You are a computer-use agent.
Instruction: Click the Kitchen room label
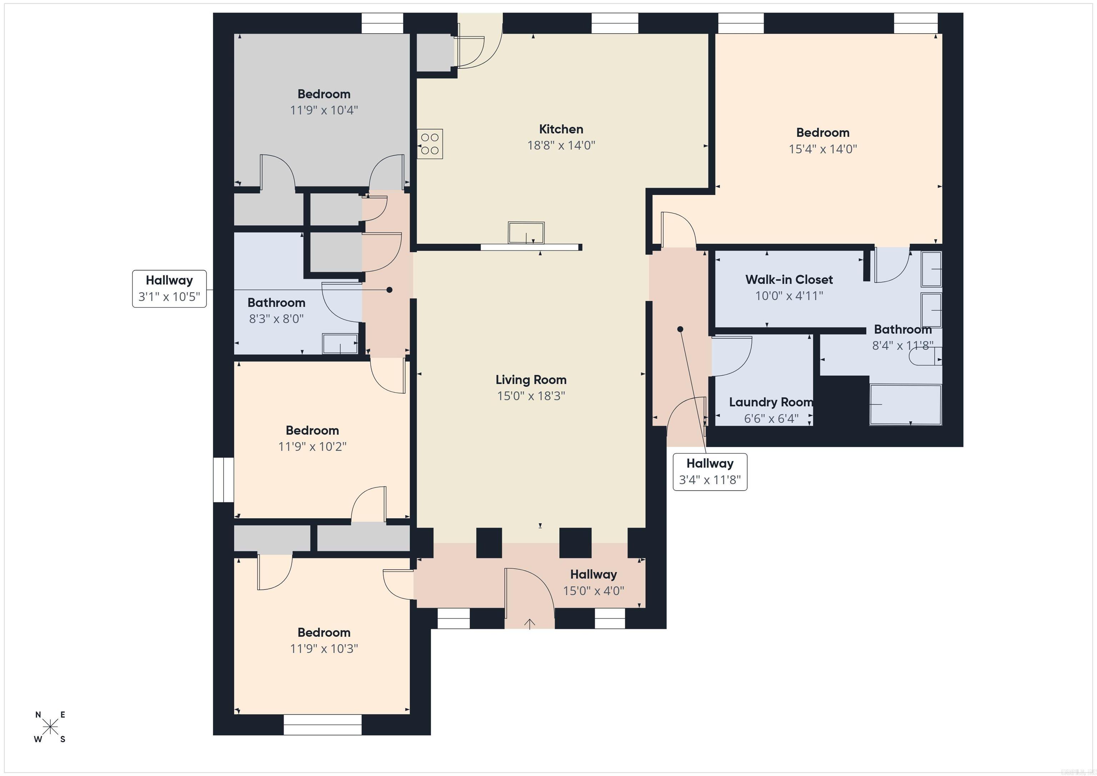[561, 129]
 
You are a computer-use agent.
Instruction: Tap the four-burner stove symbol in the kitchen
[430, 144]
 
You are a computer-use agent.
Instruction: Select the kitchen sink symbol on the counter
[526, 233]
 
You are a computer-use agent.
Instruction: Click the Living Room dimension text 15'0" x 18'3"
[531, 396]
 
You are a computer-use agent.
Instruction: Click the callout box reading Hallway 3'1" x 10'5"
[169, 289]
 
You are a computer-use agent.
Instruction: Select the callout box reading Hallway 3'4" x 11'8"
[710, 472]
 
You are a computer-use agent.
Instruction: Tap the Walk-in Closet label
[789, 280]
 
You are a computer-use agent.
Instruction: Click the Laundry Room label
[771, 402]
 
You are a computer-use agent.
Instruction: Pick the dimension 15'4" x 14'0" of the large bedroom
[822, 149]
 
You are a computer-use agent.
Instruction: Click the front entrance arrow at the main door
[530, 623]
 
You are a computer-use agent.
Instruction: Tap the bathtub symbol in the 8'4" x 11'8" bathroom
[905, 404]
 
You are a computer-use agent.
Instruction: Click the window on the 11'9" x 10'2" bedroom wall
[223, 480]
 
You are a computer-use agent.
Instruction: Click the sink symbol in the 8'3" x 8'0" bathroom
[340, 344]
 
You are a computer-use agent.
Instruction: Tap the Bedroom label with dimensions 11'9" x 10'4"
[324, 94]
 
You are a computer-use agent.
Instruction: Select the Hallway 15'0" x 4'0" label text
[593, 574]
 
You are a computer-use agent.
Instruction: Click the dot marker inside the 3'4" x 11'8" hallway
[680, 329]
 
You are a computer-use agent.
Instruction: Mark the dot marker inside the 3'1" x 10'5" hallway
[389, 290]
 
